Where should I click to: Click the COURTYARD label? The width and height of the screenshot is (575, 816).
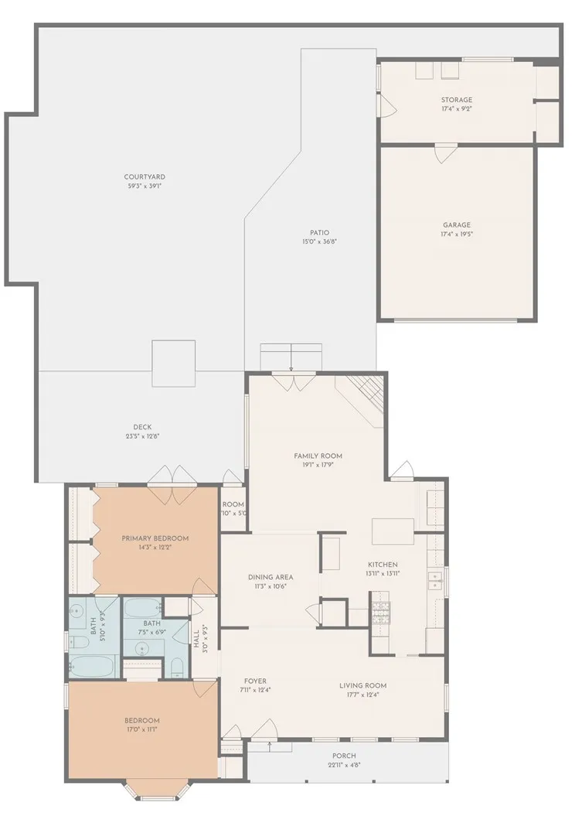(145, 177)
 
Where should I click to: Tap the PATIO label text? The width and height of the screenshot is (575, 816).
(319, 232)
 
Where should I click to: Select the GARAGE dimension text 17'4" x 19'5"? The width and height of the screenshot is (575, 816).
(456, 234)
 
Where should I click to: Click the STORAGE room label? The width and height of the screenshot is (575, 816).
(456, 100)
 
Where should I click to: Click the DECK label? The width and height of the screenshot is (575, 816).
(142, 427)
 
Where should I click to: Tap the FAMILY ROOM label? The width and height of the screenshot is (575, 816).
(318, 456)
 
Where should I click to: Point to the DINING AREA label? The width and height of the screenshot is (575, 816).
(270, 577)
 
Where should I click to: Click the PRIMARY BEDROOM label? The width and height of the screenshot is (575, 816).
(155, 538)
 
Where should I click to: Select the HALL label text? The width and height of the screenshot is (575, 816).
(197, 637)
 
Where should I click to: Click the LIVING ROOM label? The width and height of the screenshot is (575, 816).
(362, 685)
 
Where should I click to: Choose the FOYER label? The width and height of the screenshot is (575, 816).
(254, 681)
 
